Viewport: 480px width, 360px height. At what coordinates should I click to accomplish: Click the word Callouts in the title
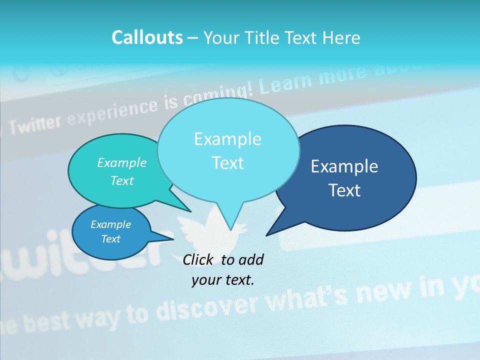147,37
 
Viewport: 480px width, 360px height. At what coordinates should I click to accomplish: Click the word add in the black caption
250,259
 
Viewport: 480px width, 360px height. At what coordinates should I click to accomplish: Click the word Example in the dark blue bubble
344,166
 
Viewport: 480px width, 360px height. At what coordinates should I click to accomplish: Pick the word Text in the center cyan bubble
228,163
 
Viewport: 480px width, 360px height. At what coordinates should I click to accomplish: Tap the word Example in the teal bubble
122,162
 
